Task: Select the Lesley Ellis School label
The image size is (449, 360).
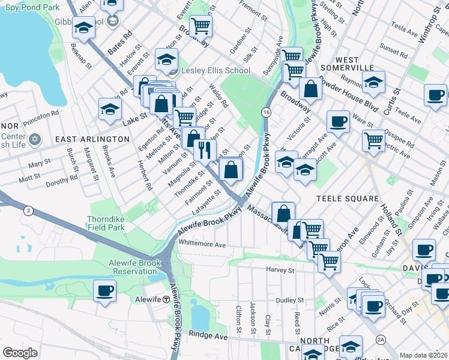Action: click(215, 71)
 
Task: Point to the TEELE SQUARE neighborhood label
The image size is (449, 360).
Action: click(349, 199)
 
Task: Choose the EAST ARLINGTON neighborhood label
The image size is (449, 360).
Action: click(92, 139)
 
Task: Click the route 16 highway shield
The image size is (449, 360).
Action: click(265, 112)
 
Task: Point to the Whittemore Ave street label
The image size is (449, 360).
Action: click(202, 245)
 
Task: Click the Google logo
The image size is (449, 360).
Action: click(20, 352)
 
